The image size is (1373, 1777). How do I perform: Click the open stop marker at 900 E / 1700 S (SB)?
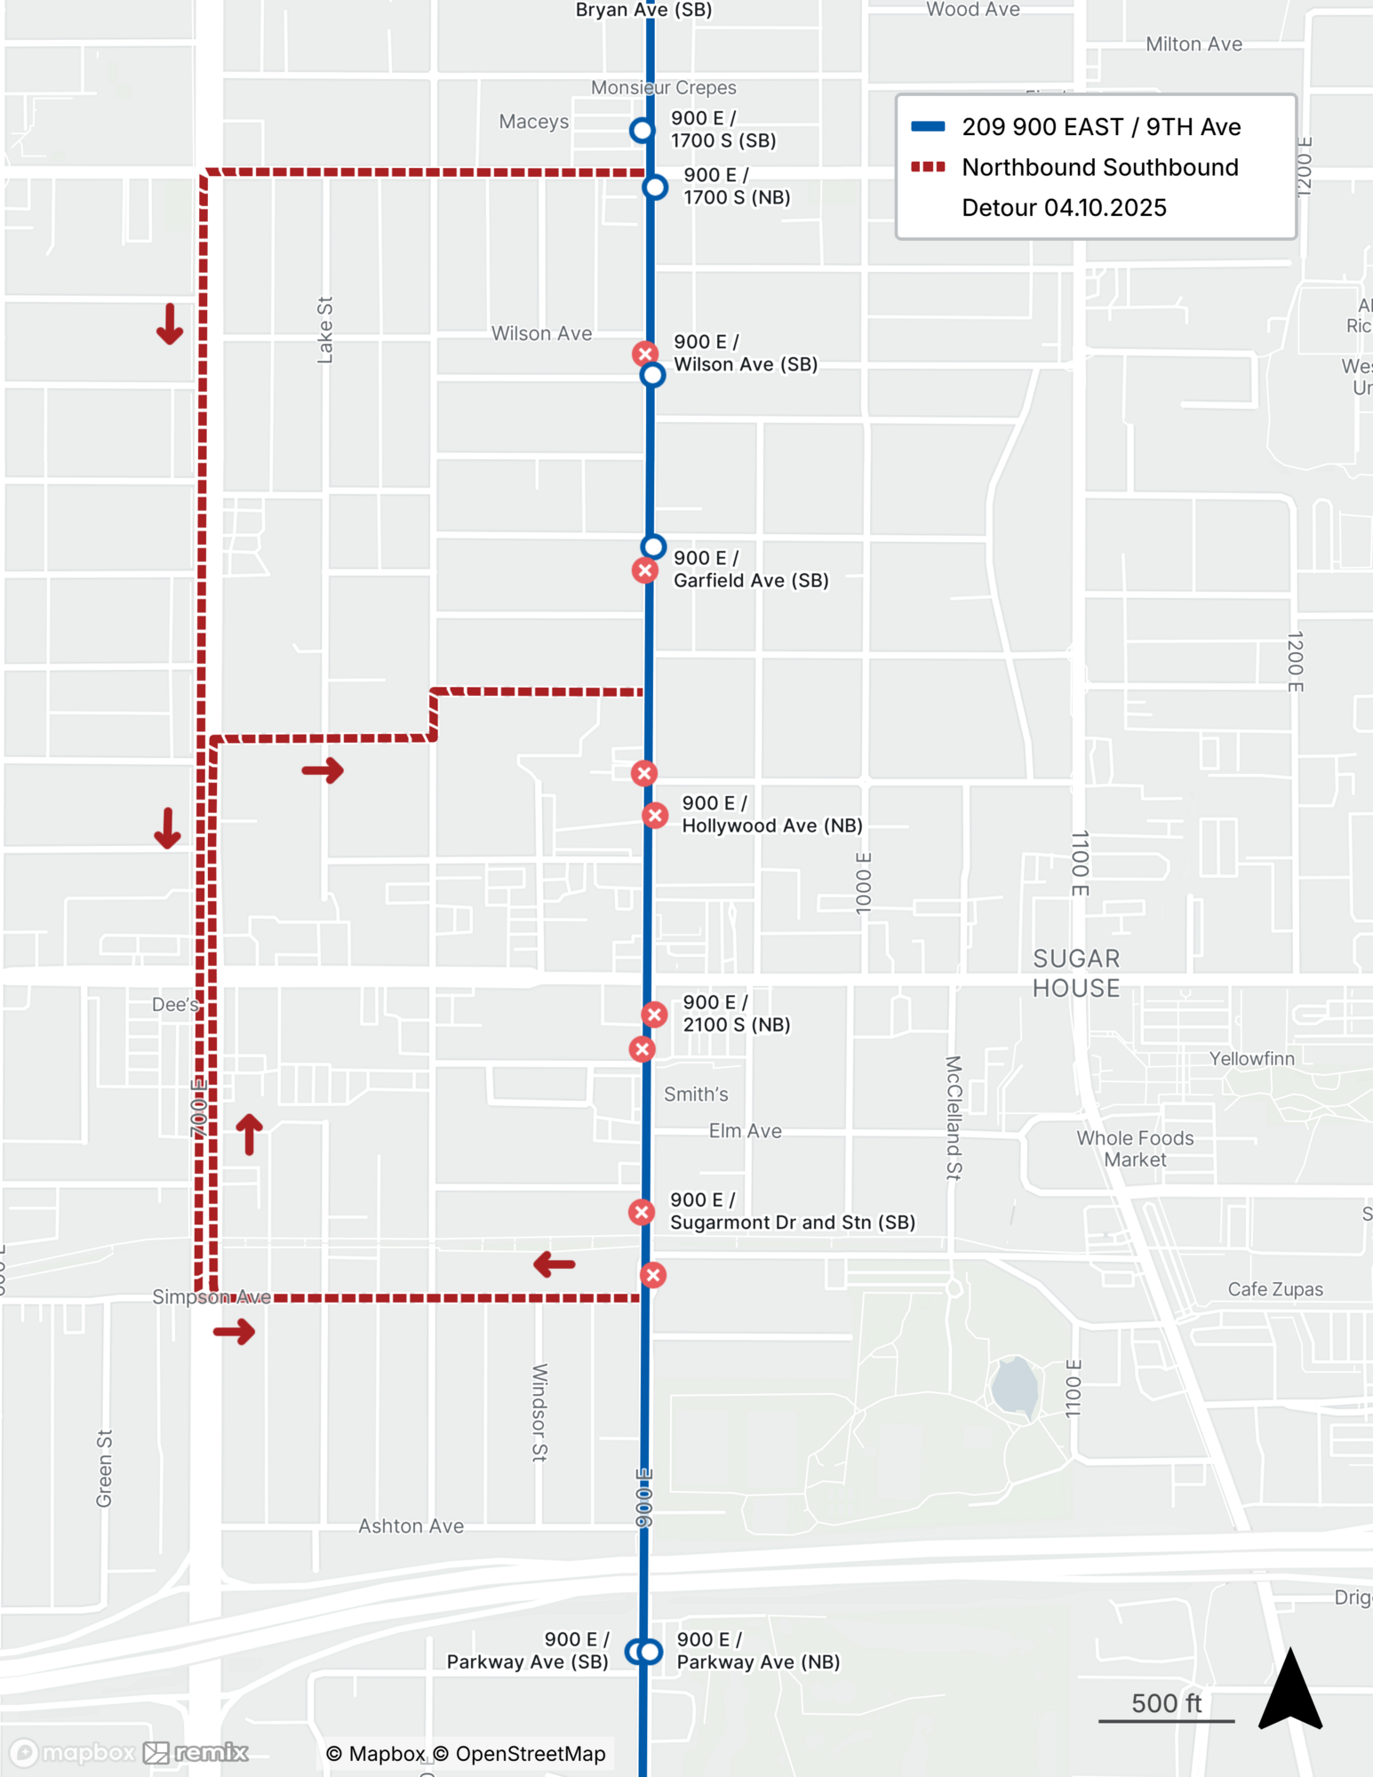click(642, 131)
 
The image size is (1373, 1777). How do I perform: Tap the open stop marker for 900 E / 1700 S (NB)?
click(655, 187)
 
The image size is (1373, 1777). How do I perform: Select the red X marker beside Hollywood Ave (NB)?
click(655, 816)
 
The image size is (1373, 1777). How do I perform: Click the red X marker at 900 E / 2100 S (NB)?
click(654, 1015)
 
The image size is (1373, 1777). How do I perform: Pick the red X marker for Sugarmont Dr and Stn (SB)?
click(642, 1212)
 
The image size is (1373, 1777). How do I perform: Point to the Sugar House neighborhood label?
click(1075, 974)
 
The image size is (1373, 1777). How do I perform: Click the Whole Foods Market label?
click(1135, 1149)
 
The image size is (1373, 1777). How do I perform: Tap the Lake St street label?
click(325, 330)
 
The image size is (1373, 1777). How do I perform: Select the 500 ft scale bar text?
click(1166, 1703)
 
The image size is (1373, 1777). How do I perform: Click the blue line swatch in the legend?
click(928, 126)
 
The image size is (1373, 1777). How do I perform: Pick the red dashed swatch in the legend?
click(928, 167)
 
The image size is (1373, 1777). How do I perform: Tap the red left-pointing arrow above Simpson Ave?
click(555, 1264)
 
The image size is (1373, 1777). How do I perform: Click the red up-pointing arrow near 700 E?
click(250, 1134)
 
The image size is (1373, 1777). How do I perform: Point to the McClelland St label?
click(954, 1117)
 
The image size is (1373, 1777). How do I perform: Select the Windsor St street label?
click(539, 1413)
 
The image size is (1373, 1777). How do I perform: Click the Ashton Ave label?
click(411, 1526)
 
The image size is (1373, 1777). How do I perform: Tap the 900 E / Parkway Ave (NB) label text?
click(758, 1651)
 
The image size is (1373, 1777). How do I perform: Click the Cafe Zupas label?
click(1274, 1289)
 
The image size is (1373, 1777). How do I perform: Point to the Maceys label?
click(533, 122)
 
